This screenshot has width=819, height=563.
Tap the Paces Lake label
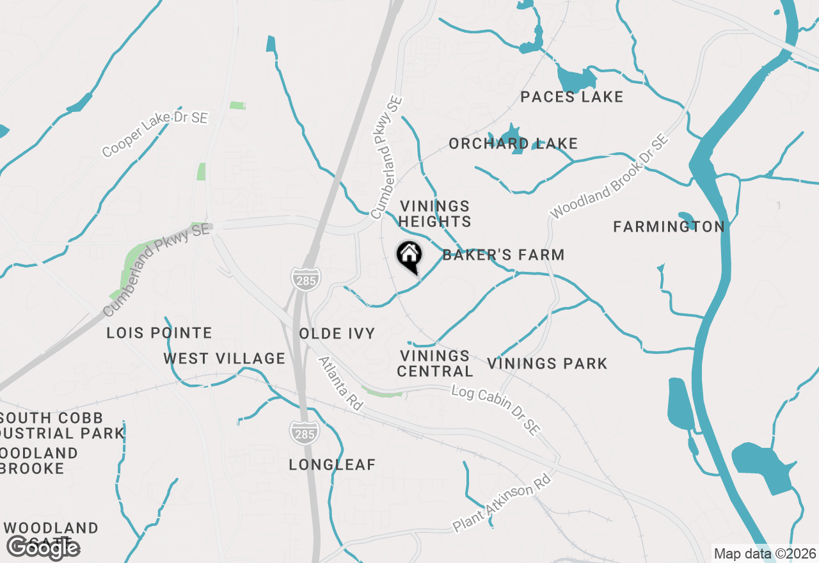[x=571, y=97]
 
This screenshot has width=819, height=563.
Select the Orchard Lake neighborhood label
[x=513, y=143]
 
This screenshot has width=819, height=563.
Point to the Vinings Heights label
[x=435, y=214]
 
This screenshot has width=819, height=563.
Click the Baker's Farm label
[x=504, y=255]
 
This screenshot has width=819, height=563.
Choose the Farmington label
[x=669, y=226]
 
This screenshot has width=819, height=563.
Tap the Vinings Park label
[x=547, y=363]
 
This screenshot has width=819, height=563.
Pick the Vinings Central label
[x=435, y=363]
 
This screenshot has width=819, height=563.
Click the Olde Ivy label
[x=337, y=333]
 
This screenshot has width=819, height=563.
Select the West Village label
[x=224, y=358]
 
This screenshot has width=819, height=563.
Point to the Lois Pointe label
[x=159, y=333]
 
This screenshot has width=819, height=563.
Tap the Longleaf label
[x=332, y=464]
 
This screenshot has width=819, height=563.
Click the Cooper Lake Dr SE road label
[x=155, y=134]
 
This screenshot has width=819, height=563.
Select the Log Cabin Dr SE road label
[x=495, y=410]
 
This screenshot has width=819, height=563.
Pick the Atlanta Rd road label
[x=340, y=383]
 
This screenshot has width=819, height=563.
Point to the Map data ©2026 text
[x=765, y=553]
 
